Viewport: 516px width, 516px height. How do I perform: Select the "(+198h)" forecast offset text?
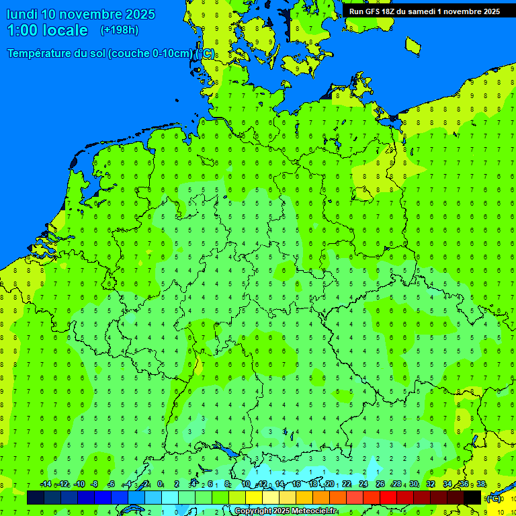pyautogui.click(x=119, y=30)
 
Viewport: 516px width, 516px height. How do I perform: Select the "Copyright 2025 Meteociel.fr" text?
pyautogui.click(x=286, y=511)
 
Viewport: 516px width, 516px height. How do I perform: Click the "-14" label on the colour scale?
pyautogui.click(x=46, y=484)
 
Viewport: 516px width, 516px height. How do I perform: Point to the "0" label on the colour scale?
pyautogui.click(x=160, y=484)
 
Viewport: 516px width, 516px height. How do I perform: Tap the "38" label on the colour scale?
pyautogui.click(x=481, y=484)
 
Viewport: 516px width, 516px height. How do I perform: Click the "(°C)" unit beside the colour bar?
pyautogui.click(x=494, y=499)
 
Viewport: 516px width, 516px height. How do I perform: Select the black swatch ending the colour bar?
pyautogui.click(x=472, y=498)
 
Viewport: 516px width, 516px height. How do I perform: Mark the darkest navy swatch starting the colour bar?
pyautogui.click(x=36, y=498)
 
